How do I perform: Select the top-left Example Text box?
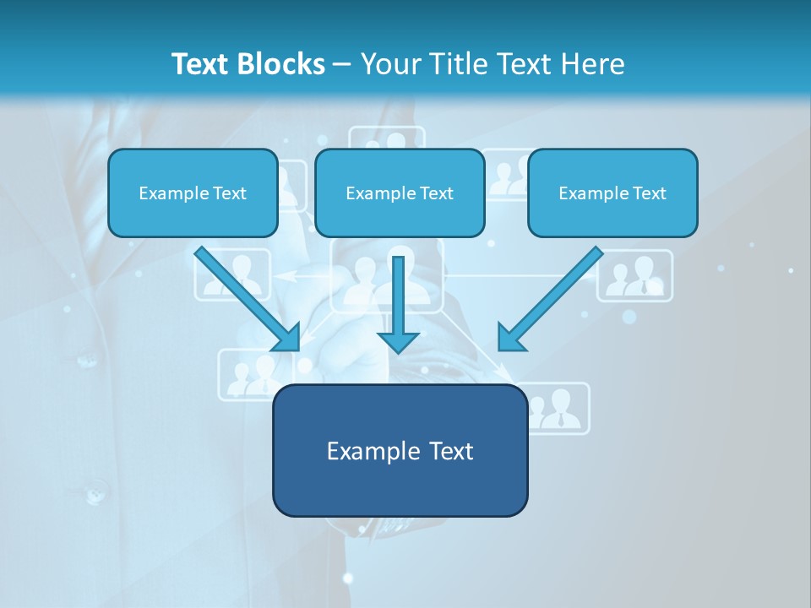(193, 193)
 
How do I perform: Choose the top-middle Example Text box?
(400, 193)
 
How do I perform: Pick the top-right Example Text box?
(612, 193)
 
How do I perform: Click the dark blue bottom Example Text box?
(400, 450)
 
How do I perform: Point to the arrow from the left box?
(248, 299)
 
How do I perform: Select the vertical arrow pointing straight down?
(398, 304)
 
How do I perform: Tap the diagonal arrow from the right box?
(549, 299)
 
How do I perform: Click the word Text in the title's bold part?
(201, 64)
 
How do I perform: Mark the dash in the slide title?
(342, 65)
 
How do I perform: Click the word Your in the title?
(390, 64)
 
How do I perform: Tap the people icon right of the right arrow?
(635, 275)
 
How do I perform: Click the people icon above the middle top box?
(387, 138)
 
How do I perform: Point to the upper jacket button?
(87, 361)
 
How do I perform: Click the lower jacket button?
(94, 490)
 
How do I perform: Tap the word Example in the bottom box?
(362, 451)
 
